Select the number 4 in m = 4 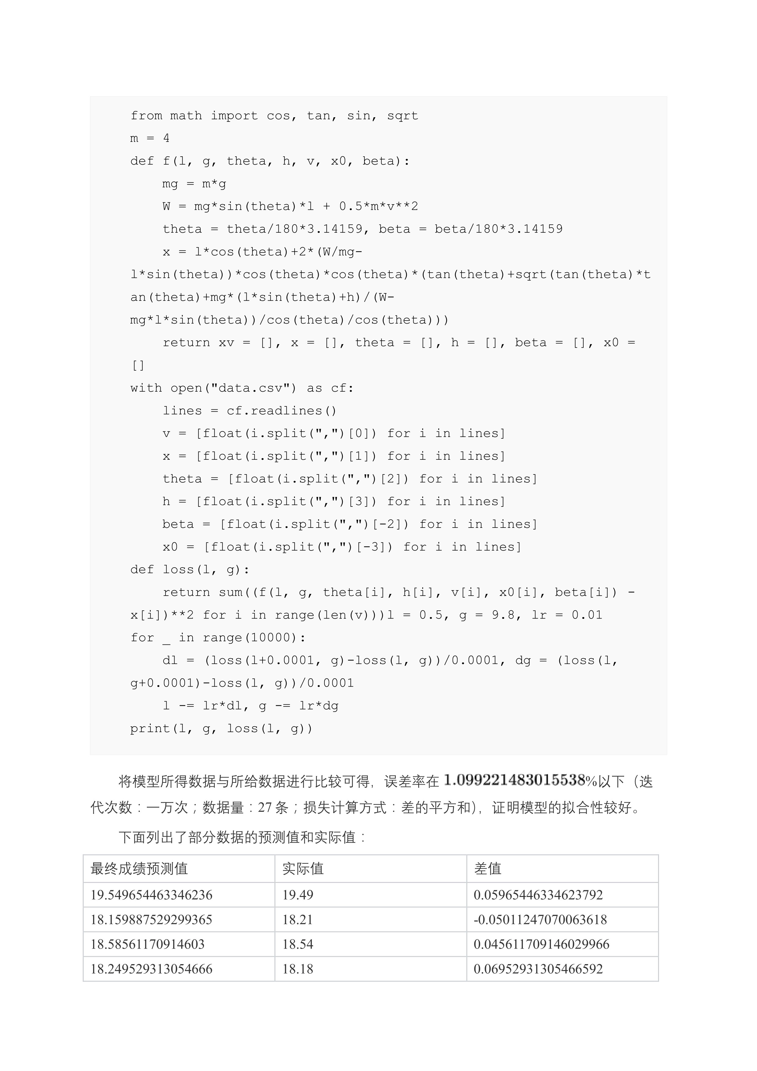pyautogui.click(x=166, y=139)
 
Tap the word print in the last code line pyautogui.click(x=150, y=729)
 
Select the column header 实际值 pyautogui.click(x=303, y=869)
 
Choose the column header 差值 pyautogui.click(x=487, y=869)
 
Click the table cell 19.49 pyautogui.click(x=298, y=895)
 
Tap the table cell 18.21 pyautogui.click(x=298, y=919)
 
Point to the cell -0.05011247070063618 pyautogui.click(x=540, y=919)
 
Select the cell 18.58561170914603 pyautogui.click(x=147, y=944)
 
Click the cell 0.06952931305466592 pyautogui.click(x=538, y=969)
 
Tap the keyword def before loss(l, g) pyautogui.click(x=142, y=570)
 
